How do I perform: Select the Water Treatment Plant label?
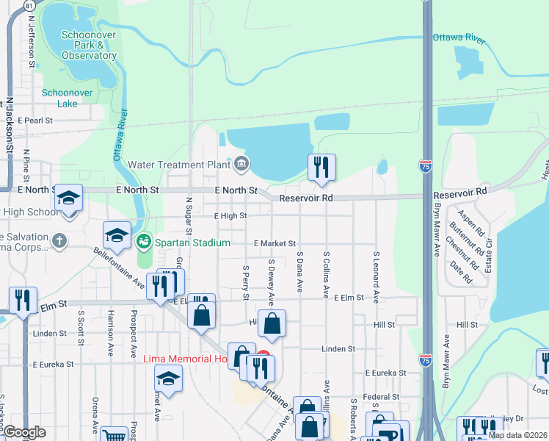pos(178,165)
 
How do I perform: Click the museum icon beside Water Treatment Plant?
pos(240,163)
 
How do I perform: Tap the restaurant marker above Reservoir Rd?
pos(321,168)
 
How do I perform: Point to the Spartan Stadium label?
pos(192,243)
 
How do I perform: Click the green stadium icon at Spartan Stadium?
pos(144,240)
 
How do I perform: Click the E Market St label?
pos(274,243)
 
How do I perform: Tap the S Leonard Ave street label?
pos(376,277)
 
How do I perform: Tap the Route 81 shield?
pos(29,5)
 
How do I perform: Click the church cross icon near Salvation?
pos(59,240)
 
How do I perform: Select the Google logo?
pos(24,433)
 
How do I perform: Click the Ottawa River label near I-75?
pos(459,38)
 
